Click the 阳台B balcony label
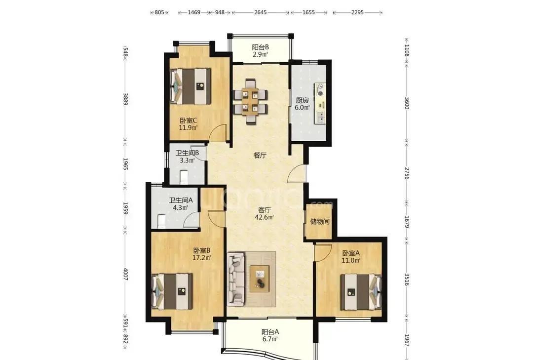261,47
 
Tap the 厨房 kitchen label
302,100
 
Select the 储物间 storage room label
319,222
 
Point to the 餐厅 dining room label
260,156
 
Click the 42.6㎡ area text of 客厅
265,217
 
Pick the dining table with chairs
251,101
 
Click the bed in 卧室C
190,86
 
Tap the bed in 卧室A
361,292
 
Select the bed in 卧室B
172,292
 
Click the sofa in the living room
236,278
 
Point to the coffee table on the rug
260,279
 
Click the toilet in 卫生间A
162,221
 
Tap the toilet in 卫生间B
183,177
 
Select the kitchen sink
320,117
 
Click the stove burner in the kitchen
320,93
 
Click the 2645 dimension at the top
260,12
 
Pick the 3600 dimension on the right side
407,103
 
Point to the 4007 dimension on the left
125,274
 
